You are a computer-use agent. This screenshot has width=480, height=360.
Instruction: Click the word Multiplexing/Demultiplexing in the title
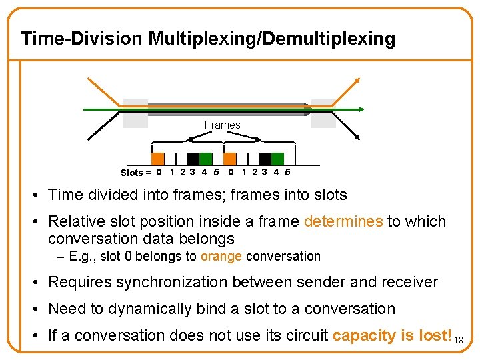point(271,38)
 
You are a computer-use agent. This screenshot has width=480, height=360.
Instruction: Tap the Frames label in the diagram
point(222,125)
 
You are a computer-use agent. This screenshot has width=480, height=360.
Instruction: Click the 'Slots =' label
point(136,173)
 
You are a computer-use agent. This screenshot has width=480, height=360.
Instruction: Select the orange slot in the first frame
point(157,159)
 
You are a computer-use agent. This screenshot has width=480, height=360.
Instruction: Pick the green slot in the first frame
point(206,159)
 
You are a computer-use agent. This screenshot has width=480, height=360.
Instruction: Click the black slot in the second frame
point(265,159)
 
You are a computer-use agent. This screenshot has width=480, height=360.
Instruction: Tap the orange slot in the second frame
point(229,159)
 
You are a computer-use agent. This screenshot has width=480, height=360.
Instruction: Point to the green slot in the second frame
point(277,159)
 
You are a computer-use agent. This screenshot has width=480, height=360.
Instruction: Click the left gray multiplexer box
point(135,113)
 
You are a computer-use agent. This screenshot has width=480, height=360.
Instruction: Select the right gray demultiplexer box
point(323,113)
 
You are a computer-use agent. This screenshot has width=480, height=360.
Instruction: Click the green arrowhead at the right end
point(361,109)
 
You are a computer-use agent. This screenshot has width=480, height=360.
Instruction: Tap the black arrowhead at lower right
point(357,137)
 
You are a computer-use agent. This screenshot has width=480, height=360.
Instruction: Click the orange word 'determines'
point(343,221)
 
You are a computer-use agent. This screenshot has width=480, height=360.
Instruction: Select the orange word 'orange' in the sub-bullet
point(221,257)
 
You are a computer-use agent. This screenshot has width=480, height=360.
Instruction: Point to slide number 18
point(458,341)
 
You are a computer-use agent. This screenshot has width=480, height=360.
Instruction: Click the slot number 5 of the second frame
point(287,173)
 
